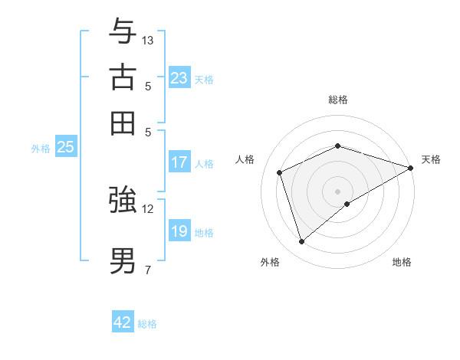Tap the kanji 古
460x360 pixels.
[123, 77]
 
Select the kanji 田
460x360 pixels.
[123, 123]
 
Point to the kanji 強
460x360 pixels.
[123, 200]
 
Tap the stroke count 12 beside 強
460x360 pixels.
[148, 208]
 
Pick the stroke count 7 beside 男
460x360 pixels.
[148, 269]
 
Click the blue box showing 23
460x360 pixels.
[179, 77]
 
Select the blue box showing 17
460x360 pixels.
[179, 162]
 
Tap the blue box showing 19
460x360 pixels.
[179, 231]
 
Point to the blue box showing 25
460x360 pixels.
[66, 147]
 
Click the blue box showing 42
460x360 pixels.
[123, 322]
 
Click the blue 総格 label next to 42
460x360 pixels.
[147, 324]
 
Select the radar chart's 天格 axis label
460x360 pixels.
[431, 159]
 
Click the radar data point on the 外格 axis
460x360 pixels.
[301, 242]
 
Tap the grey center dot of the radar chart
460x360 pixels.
[337, 191]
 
